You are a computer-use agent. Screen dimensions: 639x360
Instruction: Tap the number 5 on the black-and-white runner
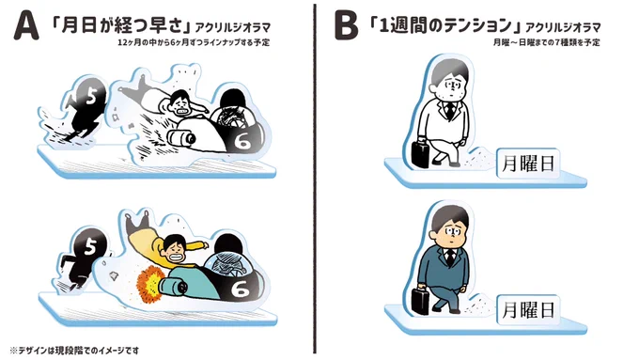point(91,97)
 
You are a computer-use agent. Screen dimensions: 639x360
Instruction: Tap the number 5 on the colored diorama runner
point(90,246)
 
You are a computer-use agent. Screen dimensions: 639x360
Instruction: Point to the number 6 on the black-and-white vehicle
point(242,141)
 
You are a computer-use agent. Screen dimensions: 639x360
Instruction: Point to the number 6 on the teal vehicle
point(240,290)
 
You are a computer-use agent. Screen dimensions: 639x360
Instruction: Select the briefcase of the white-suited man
point(420,153)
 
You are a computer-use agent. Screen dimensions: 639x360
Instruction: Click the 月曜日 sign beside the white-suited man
point(528,164)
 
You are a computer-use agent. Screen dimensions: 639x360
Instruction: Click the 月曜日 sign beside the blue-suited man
point(528,310)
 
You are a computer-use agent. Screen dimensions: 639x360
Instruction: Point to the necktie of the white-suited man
point(449,110)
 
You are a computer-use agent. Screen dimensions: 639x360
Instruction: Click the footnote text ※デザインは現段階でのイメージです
point(74,351)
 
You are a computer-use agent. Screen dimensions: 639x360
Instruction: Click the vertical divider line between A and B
point(315,179)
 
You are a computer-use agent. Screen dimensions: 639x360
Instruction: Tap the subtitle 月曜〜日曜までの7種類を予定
point(546,42)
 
